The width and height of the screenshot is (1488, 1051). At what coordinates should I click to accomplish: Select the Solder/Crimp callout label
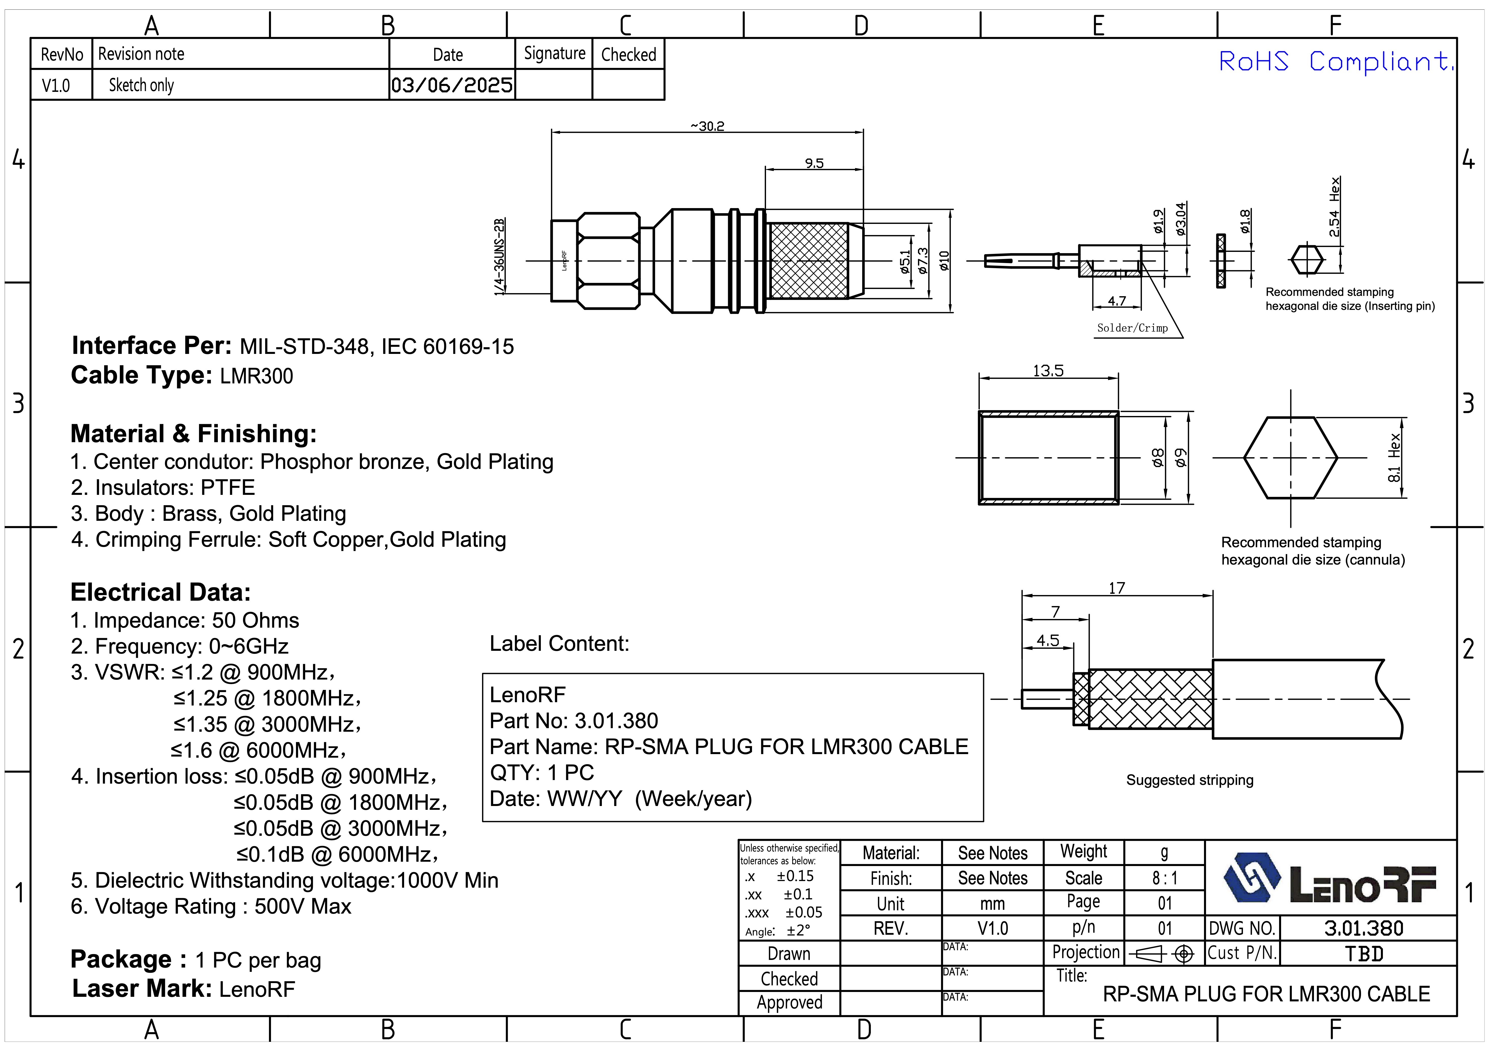[x=1132, y=328]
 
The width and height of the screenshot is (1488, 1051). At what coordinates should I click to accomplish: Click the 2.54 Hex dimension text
[x=1334, y=207]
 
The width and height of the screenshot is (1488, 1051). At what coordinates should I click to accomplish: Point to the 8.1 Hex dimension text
[x=1395, y=457]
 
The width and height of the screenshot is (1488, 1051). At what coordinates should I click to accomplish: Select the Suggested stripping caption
[x=1189, y=780]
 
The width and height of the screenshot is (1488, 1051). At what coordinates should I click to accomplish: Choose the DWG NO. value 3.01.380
[x=1364, y=929]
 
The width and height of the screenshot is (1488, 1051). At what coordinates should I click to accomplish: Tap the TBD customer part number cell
[x=1364, y=954]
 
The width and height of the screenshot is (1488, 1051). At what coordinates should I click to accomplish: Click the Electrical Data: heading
[x=160, y=592]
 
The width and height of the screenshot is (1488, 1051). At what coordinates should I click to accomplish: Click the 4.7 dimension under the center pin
[x=1117, y=301]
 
